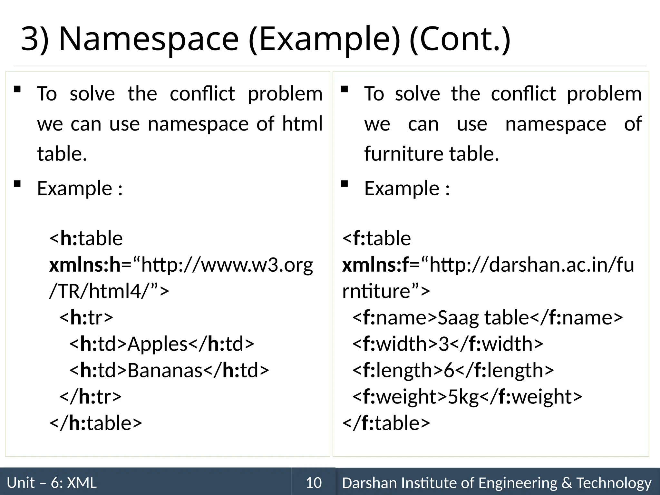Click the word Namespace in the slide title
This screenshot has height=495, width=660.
[x=149, y=39]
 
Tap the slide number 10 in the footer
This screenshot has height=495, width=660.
[x=314, y=483]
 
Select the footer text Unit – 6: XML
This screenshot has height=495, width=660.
[x=52, y=483]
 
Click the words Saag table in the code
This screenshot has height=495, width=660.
[x=483, y=318]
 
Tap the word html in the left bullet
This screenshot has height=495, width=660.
[x=302, y=124]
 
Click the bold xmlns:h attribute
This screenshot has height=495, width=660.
[x=84, y=265]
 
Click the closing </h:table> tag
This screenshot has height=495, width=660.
[x=96, y=423]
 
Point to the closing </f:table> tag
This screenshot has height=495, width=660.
[x=386, y=423]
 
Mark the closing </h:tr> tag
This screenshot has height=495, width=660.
[x=91, y=397]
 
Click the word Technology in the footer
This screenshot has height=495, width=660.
[x=614, y=483]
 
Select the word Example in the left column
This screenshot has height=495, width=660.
[x=74, y=189]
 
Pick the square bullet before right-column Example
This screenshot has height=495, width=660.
[x=344, y=184]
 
